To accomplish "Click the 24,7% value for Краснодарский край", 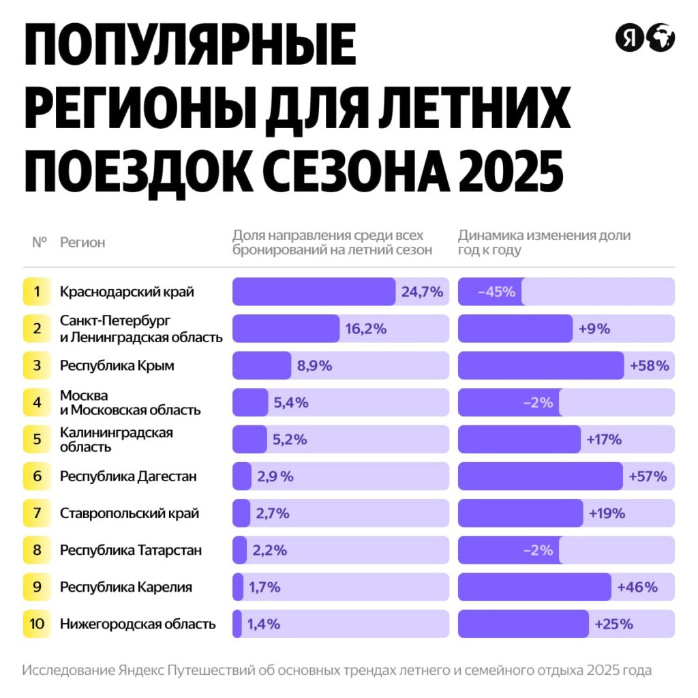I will click(422, 292).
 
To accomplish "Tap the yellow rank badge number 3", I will click(37, 365).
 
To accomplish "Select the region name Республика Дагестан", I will click(128, 476).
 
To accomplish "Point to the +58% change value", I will click(650, 365).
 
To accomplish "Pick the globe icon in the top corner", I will click(661, 37).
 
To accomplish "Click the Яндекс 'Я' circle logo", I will click(629, 37).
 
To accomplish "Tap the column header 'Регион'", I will click(82, 243).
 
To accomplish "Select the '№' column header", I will click(39, 242).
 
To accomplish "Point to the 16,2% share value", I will click(366, 329).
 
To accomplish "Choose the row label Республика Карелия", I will click(126, 587).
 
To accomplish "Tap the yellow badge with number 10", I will click(37, 624).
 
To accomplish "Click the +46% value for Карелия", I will click(637, 587).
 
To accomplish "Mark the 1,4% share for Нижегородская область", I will click(263, 624).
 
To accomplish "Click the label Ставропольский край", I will click(130, 513).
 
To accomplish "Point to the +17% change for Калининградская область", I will click(604, 440).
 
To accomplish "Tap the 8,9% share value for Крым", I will click(314, 365).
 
